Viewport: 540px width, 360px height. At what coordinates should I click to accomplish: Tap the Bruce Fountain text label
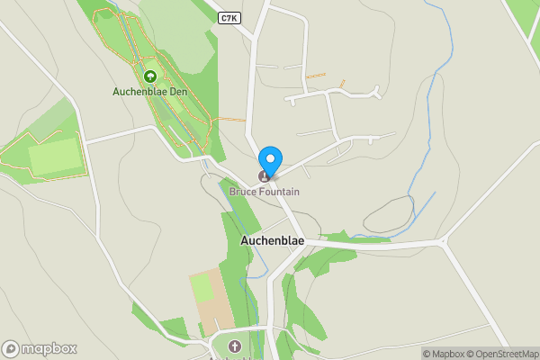point(264,192)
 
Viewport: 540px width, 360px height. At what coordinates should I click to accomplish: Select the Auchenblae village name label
point(272,241)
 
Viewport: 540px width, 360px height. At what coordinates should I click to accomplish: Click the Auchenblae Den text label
point(149,91)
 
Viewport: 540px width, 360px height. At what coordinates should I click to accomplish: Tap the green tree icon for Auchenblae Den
point(149,76)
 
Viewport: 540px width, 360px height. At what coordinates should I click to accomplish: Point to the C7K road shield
point(229,18)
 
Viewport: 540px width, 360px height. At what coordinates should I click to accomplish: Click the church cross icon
point(235,346)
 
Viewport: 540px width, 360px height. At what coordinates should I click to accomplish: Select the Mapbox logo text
point(49,349)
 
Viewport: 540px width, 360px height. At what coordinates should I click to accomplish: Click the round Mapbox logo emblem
point(11,349)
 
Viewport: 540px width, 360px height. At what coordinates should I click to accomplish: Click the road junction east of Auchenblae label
point(442,241)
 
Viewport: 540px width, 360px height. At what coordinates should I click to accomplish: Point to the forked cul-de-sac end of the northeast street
point(376,91)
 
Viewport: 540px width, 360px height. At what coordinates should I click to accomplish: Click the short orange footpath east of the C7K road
point(314,76)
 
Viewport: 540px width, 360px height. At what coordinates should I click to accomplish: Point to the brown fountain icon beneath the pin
point(265,175)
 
